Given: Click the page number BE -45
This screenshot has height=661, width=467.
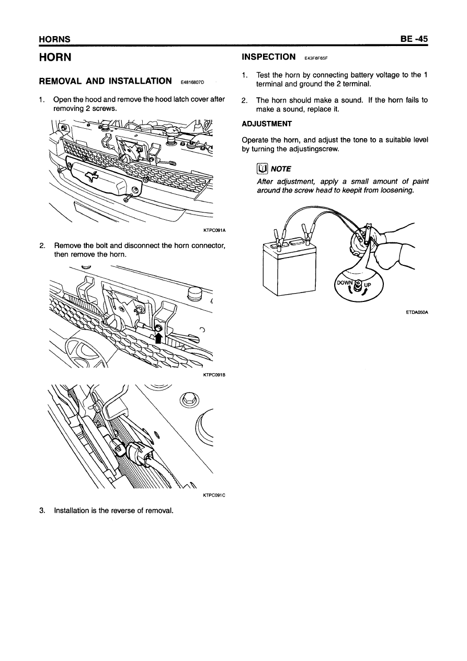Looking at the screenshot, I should (413, 39).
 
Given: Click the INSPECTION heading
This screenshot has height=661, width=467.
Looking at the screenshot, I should (269, 57).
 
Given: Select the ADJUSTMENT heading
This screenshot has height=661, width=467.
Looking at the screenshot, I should (267, 124).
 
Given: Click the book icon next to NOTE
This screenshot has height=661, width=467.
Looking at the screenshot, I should (262, 169).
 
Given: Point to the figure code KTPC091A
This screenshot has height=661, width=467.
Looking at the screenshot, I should (214, 229).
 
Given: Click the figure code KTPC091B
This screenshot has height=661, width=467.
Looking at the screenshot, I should (213, 374).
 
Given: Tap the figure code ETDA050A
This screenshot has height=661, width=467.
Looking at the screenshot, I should (417, 313).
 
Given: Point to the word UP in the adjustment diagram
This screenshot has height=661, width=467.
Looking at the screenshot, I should (367, 286).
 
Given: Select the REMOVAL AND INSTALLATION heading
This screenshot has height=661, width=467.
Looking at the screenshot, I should (106, 81).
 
